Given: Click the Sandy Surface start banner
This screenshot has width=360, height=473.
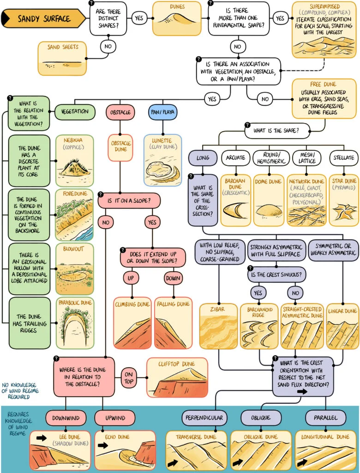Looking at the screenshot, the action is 44,18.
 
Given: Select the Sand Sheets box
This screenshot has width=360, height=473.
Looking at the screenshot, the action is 62,58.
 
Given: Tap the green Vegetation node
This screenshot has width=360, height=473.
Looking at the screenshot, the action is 75,112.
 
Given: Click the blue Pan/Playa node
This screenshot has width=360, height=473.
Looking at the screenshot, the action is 163,112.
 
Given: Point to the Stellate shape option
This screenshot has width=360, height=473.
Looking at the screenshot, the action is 344,158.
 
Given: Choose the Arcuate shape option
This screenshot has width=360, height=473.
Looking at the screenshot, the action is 235,158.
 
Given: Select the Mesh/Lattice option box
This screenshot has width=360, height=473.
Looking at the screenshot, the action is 307,158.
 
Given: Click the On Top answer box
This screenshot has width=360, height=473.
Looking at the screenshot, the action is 129,378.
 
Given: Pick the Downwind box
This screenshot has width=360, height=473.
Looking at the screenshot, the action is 66,418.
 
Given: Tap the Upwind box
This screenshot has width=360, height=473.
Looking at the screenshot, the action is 115,418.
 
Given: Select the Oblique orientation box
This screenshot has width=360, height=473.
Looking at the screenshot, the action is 261,418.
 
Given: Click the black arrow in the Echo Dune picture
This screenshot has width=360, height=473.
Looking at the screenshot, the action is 103,445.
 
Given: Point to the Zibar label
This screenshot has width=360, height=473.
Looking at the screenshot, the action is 217,309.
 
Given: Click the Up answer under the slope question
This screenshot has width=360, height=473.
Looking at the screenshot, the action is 131,278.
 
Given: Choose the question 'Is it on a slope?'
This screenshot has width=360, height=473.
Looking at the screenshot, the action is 129,200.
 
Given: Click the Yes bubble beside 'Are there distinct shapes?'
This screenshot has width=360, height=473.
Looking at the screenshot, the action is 139,18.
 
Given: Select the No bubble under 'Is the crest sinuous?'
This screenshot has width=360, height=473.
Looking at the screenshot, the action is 295,292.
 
